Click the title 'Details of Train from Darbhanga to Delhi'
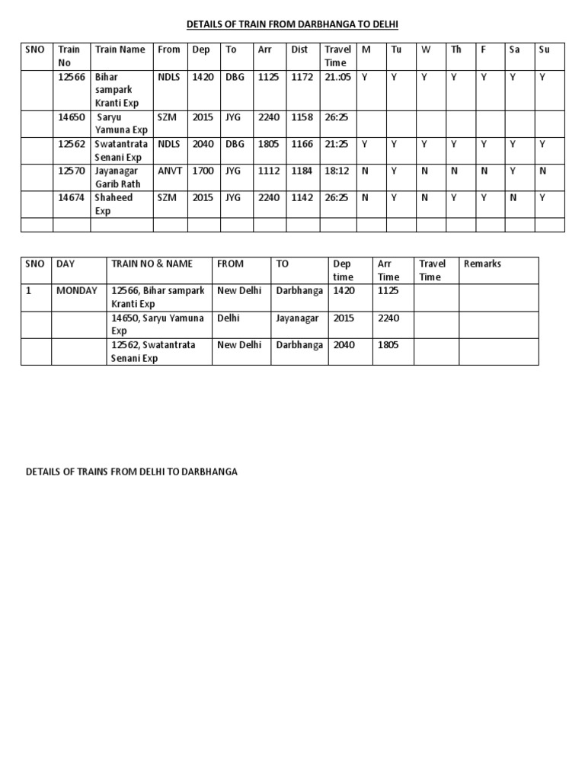click(x=292, y=25)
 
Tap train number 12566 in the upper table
click(x=72, y=77)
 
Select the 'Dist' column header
click(x=299, y=50)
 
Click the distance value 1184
click(x=302, y=171)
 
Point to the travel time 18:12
click(x=335, y=171)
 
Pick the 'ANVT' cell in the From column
click(x=170, y=171)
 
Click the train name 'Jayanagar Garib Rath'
click(x=118, y=177)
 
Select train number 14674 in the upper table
click(x=72, y=197)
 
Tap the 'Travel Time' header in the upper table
click(x=337, y=56)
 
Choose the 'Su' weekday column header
click(x=544, y=50)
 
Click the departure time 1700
click(x=203, y=171)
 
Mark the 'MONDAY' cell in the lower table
click(x=76, y=290)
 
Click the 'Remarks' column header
click(x=482, y=264)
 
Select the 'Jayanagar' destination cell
click(x=297, y=318)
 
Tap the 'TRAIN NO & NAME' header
click(x=152, y=264)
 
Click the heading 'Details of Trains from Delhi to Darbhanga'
click(x=132, y=472)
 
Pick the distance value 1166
click(x=302, y=143)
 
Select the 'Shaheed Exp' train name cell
click(x=113, y=204)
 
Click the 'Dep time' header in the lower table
click(x=343, y=270)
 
